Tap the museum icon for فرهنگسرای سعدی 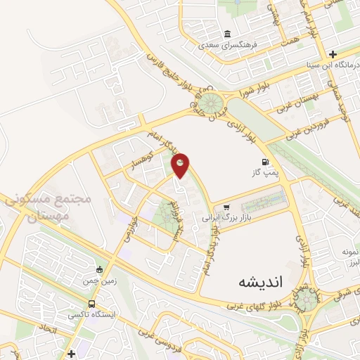point(227,34)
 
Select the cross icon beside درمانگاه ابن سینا point(333,54)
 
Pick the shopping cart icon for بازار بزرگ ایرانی point(226,207)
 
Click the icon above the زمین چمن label point(100,270)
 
